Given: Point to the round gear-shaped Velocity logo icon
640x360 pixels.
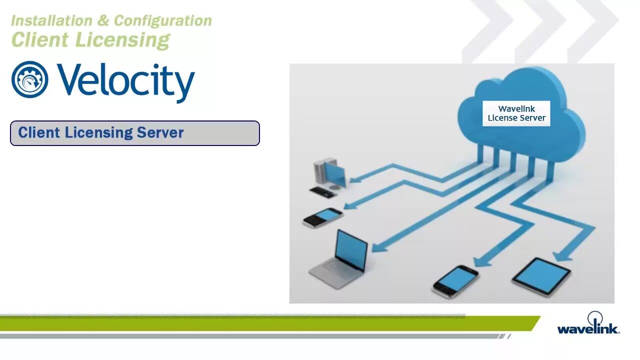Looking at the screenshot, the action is (x=29, y=79).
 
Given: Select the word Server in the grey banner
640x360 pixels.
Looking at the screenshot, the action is (x=160, y=132).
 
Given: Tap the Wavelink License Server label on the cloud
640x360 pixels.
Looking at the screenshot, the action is (x=516, y=113).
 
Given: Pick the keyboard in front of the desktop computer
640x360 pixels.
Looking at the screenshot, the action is (x=322, y=191).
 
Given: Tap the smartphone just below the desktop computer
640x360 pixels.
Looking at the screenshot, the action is (x=323, y=217).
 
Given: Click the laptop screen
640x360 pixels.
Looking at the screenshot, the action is (x=351, y=250).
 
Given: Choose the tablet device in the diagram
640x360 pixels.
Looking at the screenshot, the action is (x=541, y=276).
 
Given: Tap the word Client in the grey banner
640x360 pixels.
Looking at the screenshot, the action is (x=39, y=132).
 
